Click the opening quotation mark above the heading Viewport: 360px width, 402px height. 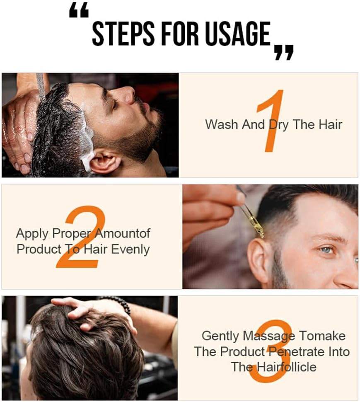[x=78, y=12]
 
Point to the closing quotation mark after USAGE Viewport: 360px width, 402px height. [x=284, y=52]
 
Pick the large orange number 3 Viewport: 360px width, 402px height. [x=271, y=350]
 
